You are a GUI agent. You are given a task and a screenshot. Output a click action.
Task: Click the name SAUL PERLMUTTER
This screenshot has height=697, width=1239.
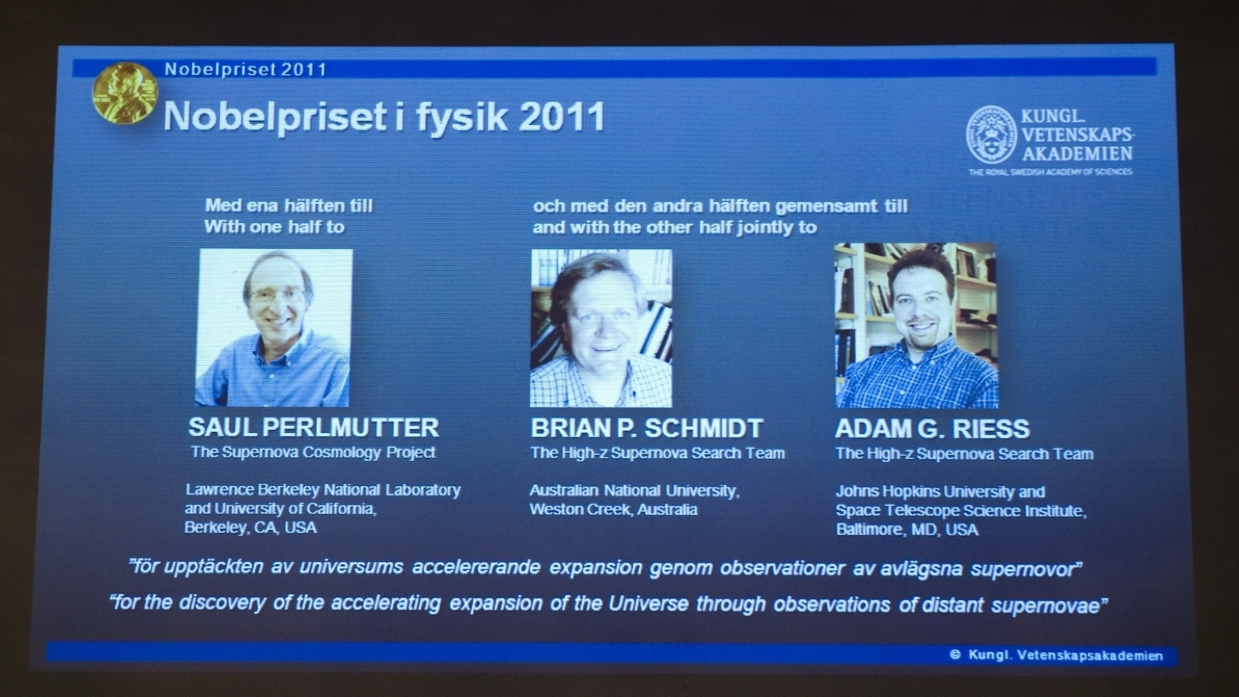314,427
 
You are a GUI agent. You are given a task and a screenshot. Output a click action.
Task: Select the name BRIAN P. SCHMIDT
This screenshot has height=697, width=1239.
647,428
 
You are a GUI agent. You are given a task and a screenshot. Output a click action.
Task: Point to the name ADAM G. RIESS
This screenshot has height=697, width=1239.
932,429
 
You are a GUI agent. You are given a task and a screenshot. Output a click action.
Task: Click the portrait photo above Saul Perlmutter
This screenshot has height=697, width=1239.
274,328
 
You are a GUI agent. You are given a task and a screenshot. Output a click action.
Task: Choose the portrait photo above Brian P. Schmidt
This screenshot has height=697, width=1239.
601,328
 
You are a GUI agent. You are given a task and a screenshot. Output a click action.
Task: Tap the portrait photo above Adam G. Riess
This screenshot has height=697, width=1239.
916,325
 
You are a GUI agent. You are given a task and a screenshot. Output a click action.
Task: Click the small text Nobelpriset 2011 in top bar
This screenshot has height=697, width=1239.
246,69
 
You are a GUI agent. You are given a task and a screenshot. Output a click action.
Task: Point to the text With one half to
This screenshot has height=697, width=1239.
274,227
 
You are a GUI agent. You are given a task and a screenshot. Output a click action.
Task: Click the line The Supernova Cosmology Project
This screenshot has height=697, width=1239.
313,452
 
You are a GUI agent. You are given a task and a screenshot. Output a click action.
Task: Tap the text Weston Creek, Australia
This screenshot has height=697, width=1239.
614,509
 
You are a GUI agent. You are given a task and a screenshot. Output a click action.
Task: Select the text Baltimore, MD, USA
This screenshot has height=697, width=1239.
907,530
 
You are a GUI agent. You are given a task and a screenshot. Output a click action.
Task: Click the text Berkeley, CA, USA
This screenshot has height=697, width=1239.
250,527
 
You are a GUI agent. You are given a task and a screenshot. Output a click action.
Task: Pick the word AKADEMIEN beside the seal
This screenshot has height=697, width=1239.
1077,153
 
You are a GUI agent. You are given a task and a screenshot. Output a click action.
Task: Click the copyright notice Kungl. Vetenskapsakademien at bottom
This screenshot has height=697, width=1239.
1056,656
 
